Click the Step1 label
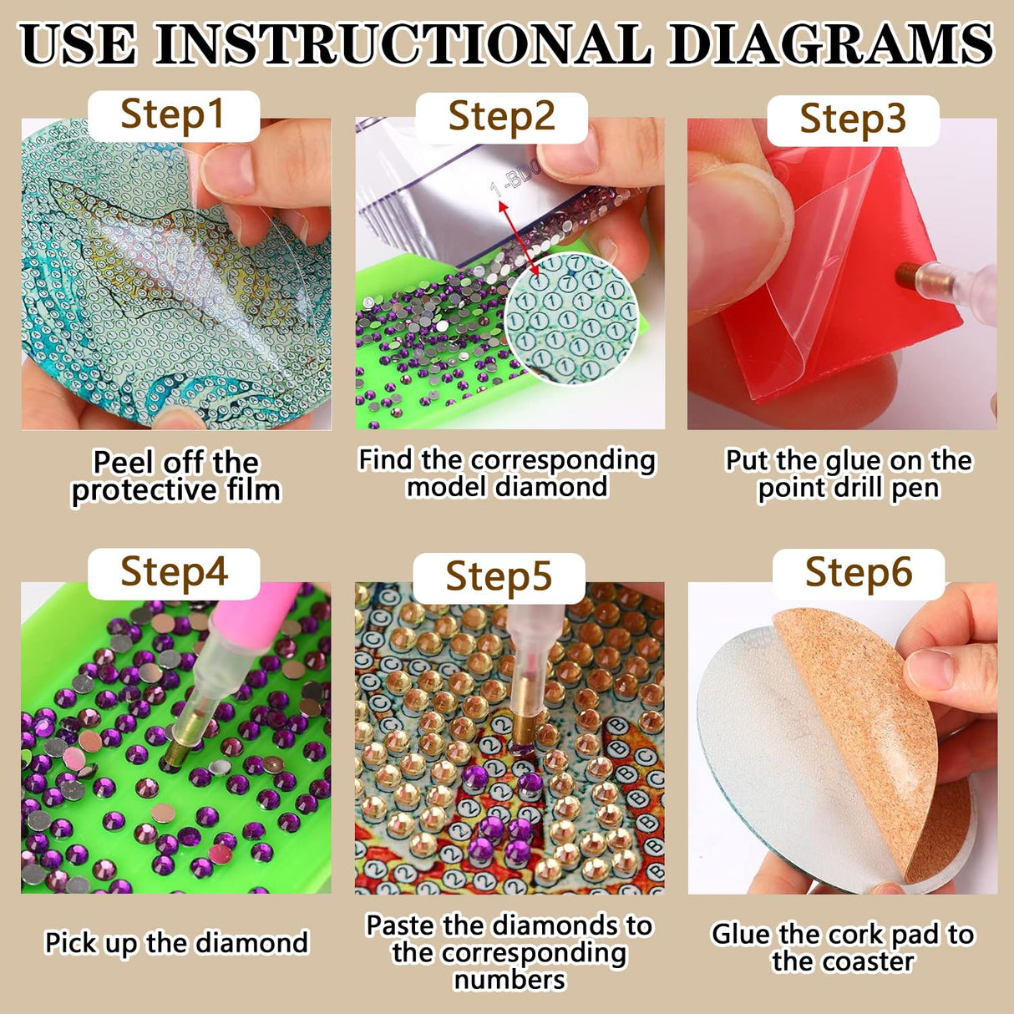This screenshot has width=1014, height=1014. click(173, 114)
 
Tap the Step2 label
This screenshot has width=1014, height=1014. click(501, 116)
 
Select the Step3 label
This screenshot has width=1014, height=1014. click(852, 119)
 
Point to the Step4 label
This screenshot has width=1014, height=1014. click(174, 573)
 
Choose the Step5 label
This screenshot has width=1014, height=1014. click(499, 577)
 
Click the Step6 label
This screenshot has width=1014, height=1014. click(858, 573)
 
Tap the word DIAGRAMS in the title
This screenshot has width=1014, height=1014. click(831, 44)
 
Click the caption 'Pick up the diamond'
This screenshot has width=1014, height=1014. click(176, 943)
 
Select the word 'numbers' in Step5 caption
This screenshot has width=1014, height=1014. click(510, 979)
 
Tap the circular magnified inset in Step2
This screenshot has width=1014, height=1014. click(571, 317)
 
